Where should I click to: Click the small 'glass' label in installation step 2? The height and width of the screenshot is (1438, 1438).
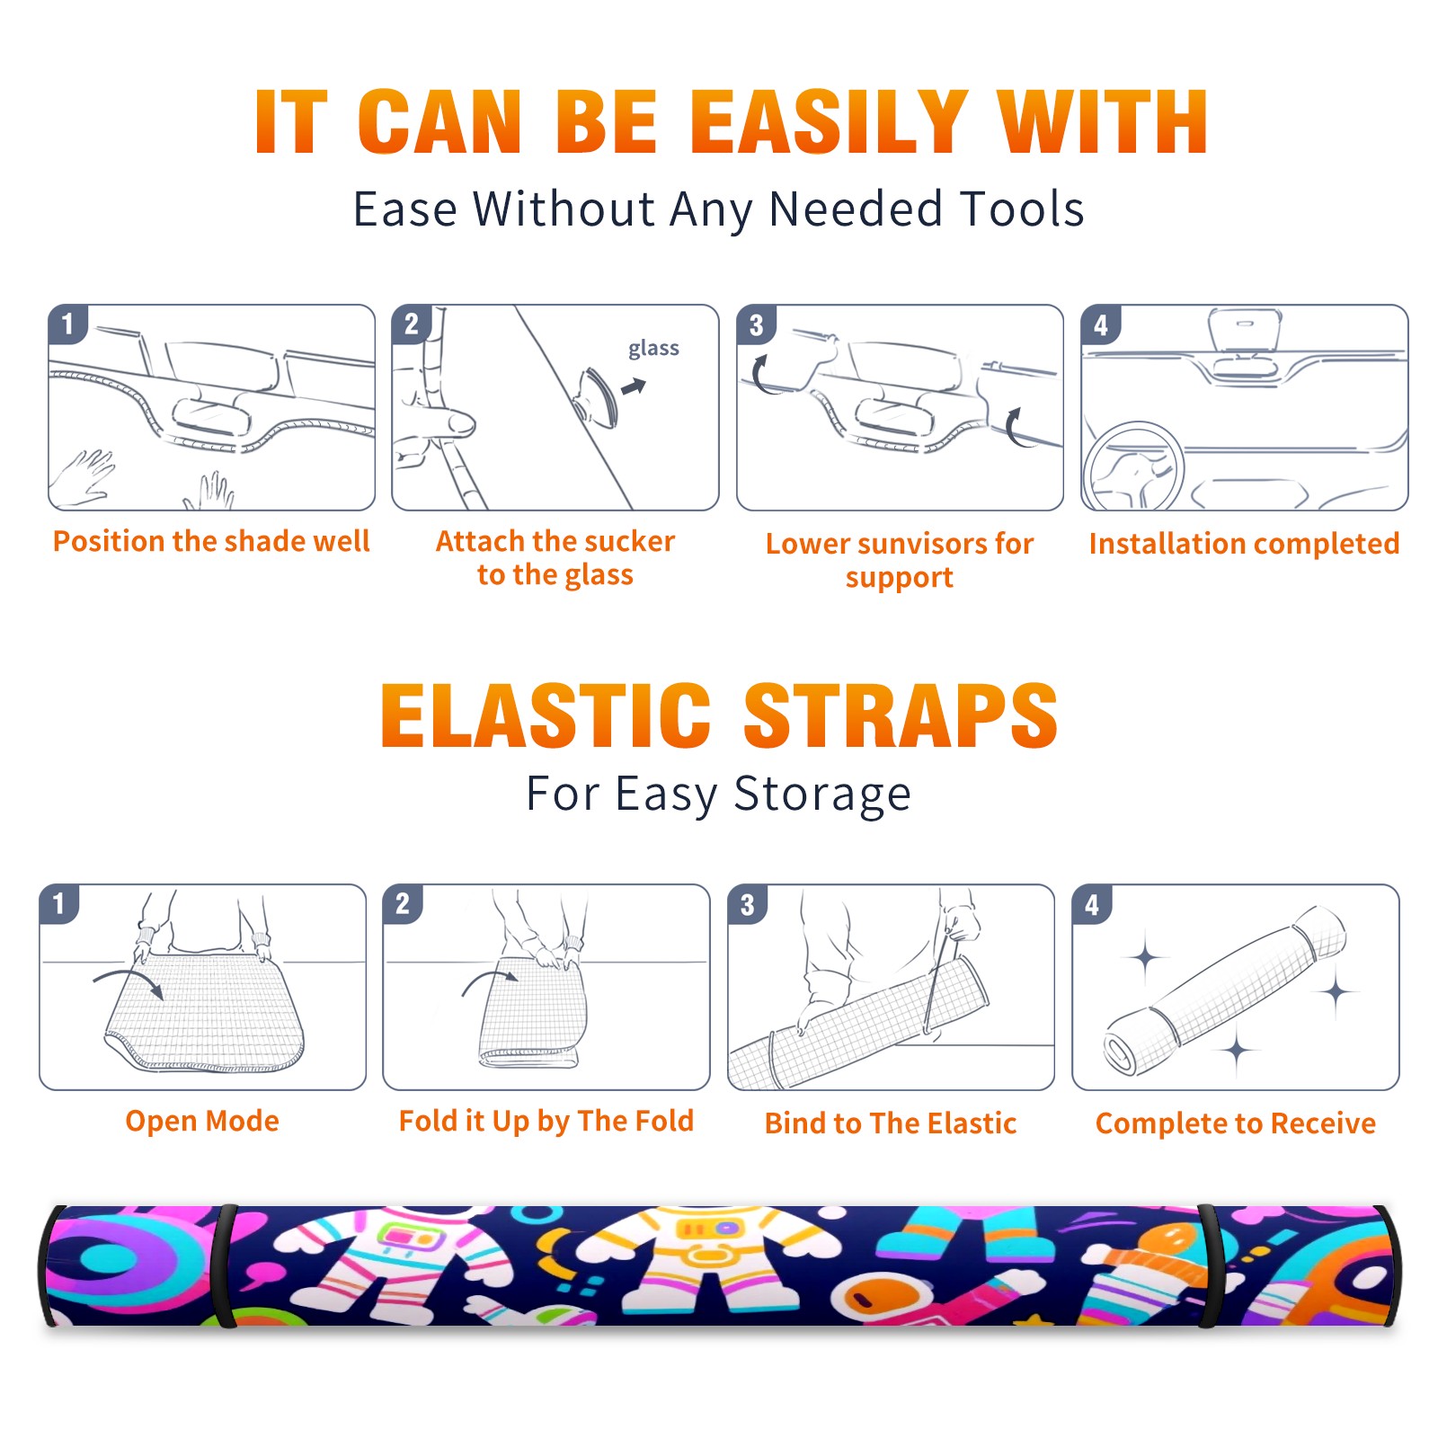pyautogui.click(x=653, y=349)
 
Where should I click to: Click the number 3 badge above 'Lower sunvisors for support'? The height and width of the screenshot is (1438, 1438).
pyautogui.click(x=756, y=324)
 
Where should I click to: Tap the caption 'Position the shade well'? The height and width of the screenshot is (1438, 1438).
pyautogui.click(x=211, y=541)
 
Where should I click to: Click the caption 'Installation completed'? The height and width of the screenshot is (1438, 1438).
pyautogui.click(x=1244, y=544)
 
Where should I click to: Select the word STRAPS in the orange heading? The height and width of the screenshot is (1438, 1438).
pyautogui.click(x=901, y=715)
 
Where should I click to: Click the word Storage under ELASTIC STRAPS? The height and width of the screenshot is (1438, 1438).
pyautogui.click(x=822, y=794)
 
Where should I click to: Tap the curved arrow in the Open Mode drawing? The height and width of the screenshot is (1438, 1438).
pyautogui.click(x=129, y=981)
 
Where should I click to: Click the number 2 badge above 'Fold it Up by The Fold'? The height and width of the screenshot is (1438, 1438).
pyautogui.click(x=403, y=903)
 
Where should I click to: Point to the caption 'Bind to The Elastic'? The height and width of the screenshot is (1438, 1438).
pyautogui.click(x=891, y=1123)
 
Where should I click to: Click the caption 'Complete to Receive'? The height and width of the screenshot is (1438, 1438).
pyautogui.click(x=1236, y=1123)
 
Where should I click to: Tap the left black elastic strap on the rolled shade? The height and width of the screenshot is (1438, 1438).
pyautogui.click(x=225, y=1265)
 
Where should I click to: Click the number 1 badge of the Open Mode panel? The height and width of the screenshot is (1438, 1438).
pyautogui.click(x=58, y=903)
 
